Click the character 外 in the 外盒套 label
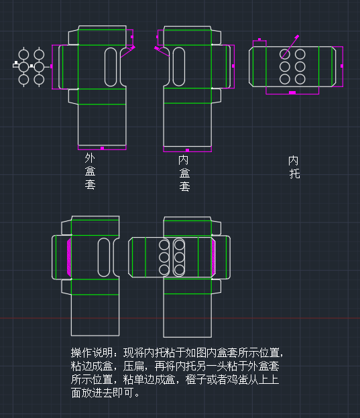90,159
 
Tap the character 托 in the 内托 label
294,174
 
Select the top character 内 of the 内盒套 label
184,160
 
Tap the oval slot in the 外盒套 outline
112,66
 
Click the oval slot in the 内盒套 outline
179,66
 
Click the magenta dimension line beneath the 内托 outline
292,93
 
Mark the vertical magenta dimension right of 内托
342,66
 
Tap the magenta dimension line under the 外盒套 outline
102,147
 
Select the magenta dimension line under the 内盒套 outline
187,150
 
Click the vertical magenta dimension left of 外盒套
52,66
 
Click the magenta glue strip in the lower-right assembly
214,257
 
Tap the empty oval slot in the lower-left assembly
105,257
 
